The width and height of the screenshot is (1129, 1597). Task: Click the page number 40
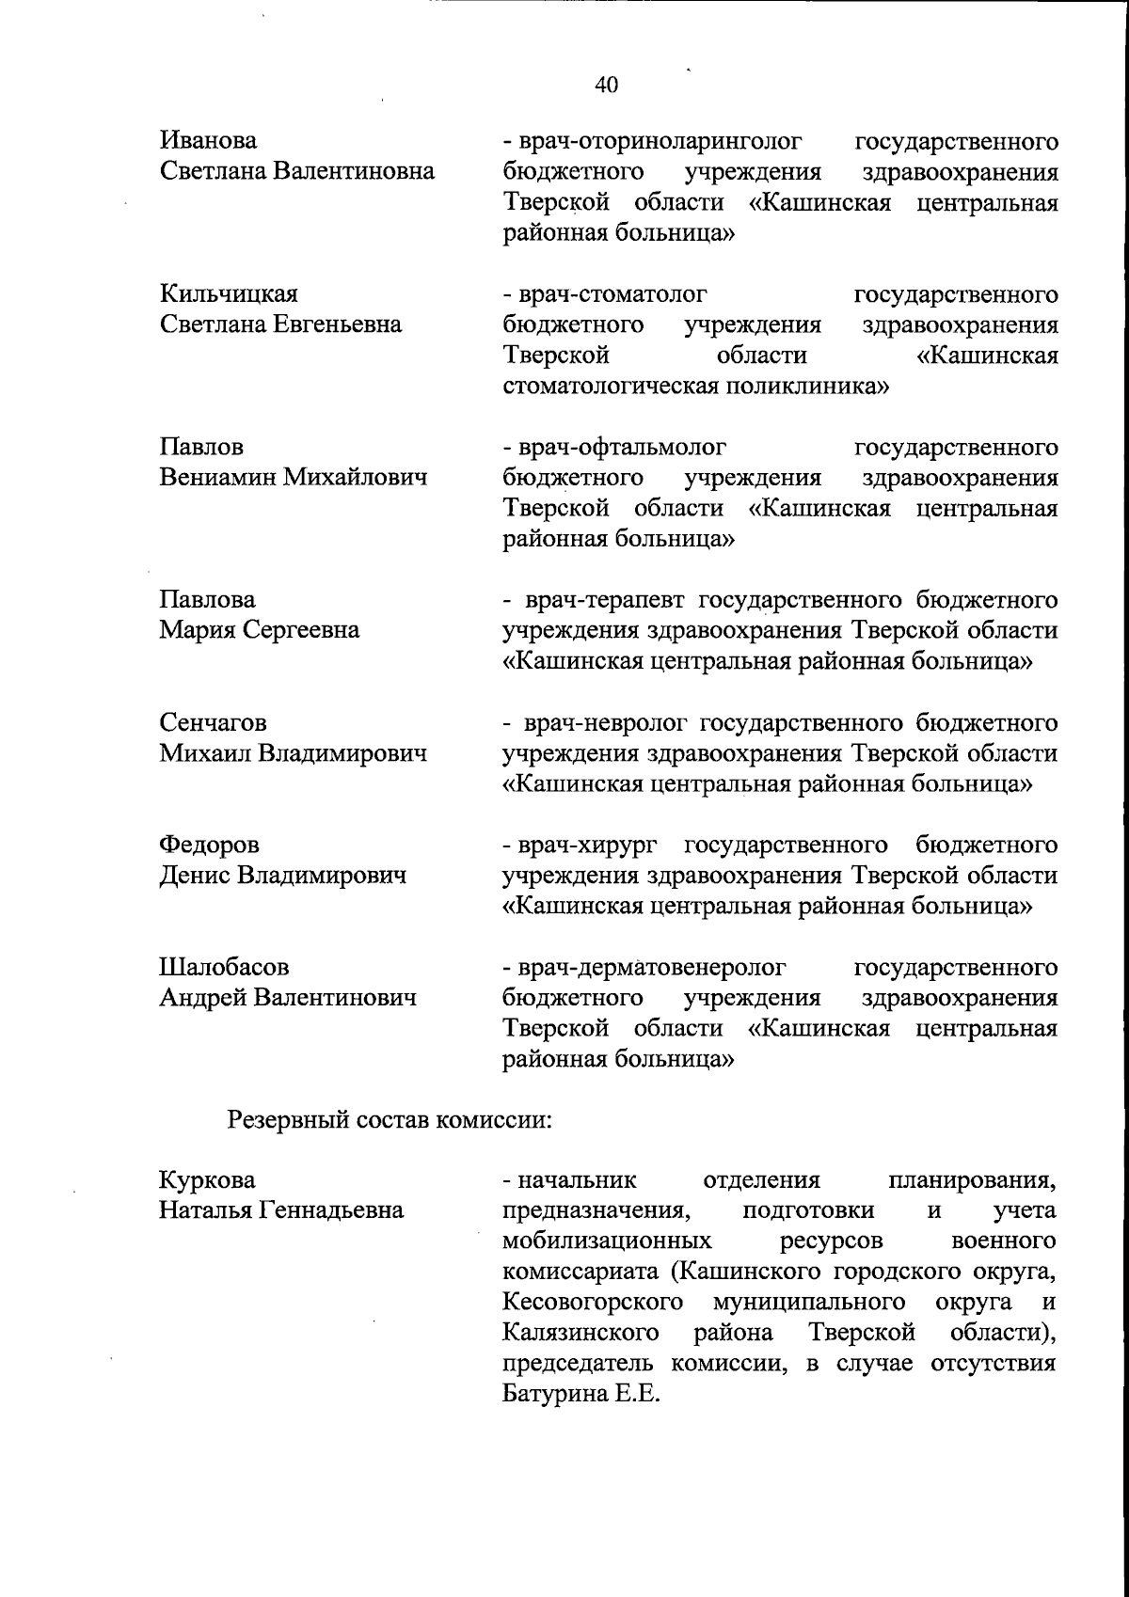pyautogui.click(x=607, y=86)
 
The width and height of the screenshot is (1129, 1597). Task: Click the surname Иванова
pyautogui.click(x=208, y=141)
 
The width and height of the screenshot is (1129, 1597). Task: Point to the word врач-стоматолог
pyautogui.click(x=611, y=294)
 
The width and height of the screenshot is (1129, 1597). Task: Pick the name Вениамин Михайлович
pyautogui.click(x=294, y=477)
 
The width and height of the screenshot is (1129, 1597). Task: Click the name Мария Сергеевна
pyautogui.click(x=260, y=630)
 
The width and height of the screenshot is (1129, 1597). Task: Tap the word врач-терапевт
pyautogui.click(x=606, y=600)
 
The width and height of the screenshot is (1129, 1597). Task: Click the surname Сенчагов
pyautogui.click(x=213, y=723)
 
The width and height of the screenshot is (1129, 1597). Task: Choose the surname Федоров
pyautogui.click(x=209, y=846)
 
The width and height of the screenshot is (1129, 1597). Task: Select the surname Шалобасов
pyautogui.click(x=224, y=967)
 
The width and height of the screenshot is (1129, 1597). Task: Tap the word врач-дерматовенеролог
pyautogui.click(x=650, y=967)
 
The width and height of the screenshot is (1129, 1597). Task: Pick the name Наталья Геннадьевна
pyautogui.click(x=281, y=1210)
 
